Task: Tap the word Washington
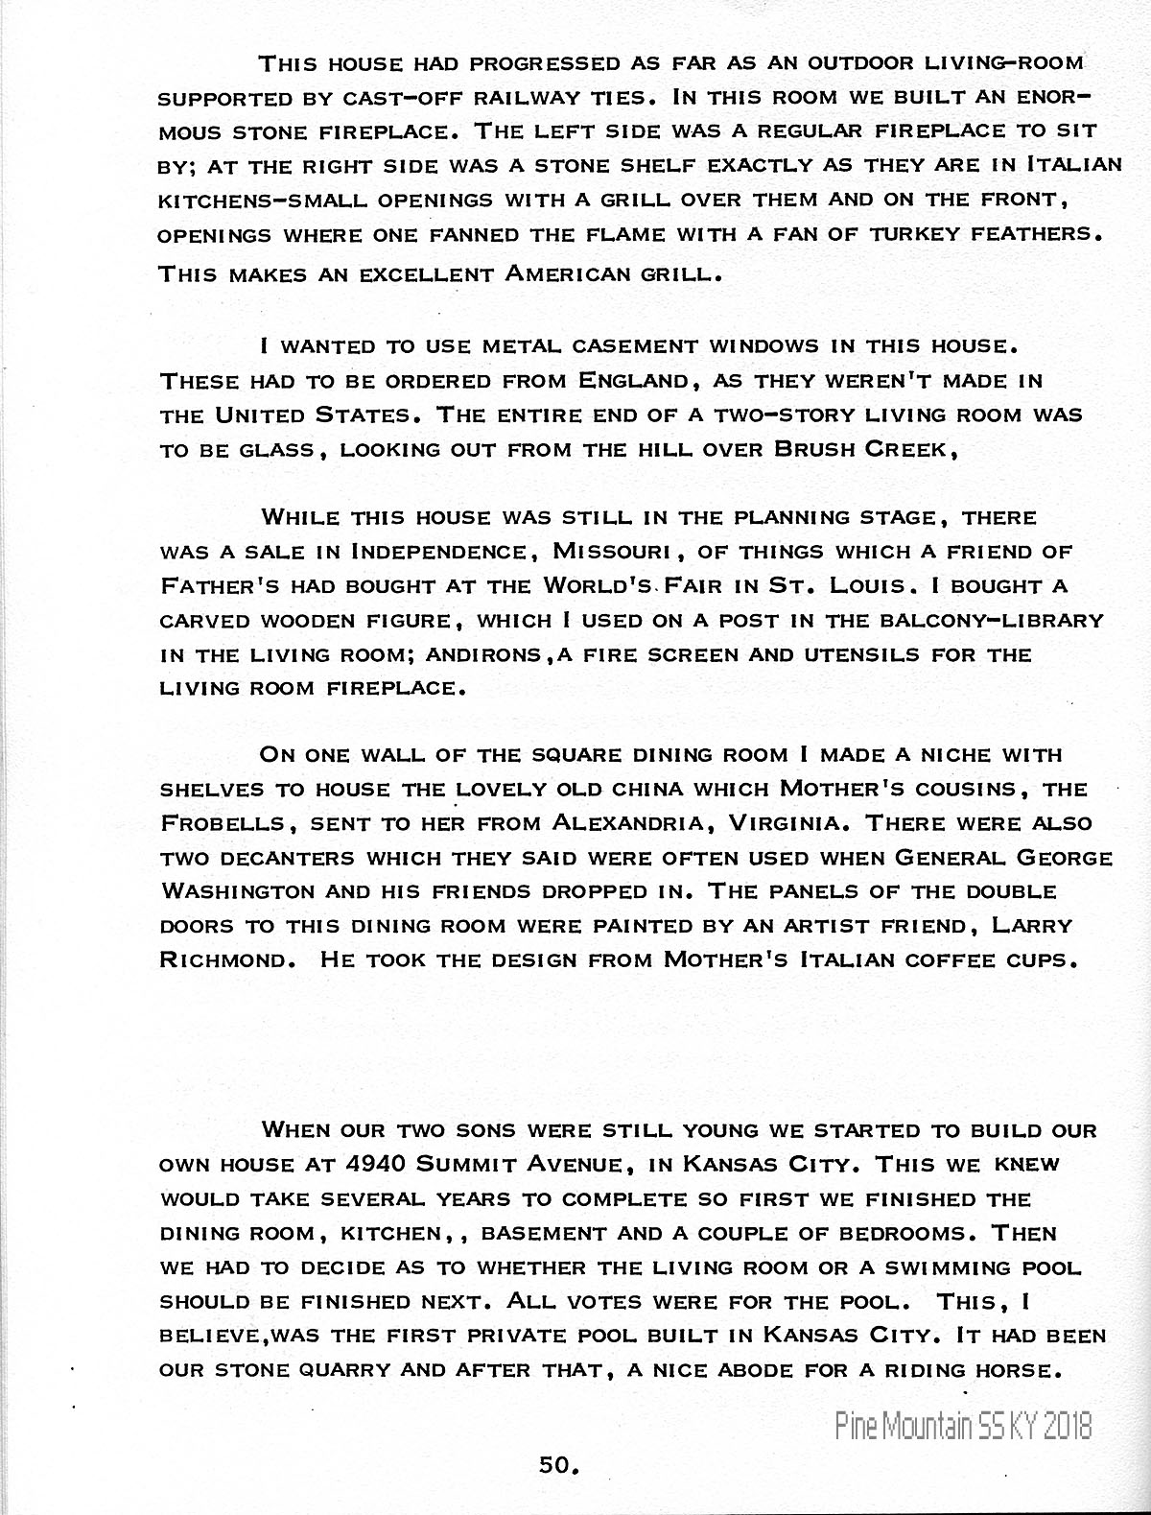coord(236,891)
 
